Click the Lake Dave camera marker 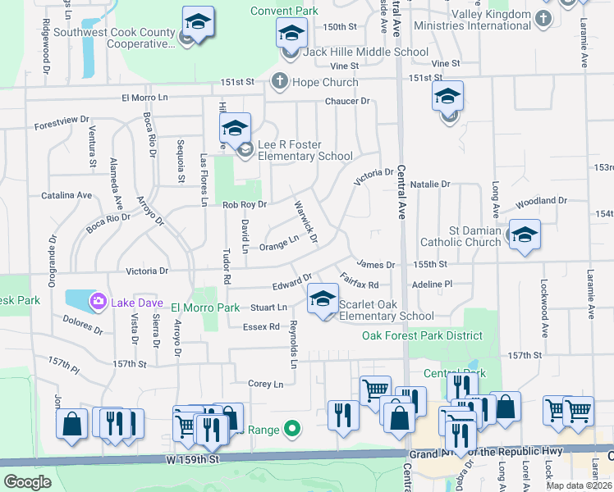[99, 302]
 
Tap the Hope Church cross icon [279, 81]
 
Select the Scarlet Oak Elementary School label [386, 310]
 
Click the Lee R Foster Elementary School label [305, 150]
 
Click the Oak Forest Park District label [422, 335]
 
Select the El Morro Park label [204, 307]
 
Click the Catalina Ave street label [71, 196]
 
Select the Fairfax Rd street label [359, 281]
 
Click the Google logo [27, 482]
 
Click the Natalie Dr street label [430, 184]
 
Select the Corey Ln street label [265, 384]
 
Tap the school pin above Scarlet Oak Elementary [323, 298]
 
